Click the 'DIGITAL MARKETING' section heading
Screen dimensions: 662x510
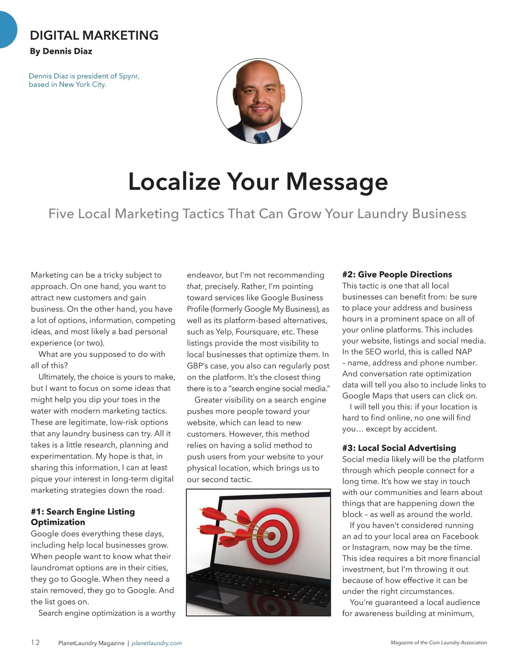click(x=94, y=35)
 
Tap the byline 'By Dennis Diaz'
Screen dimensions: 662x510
click(x=61, y=51)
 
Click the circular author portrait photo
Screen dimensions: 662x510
click(x=259, y=101)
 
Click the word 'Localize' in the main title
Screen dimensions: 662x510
click(x=174, y=181)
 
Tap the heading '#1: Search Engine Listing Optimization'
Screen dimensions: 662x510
click(x=83, y=517)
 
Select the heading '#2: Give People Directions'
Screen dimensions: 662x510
click(x=397, y=274)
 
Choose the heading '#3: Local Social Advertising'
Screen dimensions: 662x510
click(x=399, y=448)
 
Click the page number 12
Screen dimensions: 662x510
click(x=35, y=642)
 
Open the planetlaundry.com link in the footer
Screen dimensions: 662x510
click(x=157, y=643)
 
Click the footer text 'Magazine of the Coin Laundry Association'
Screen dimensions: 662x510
click(x=439, y=643)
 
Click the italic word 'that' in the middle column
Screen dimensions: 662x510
click(x=193, y=286)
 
